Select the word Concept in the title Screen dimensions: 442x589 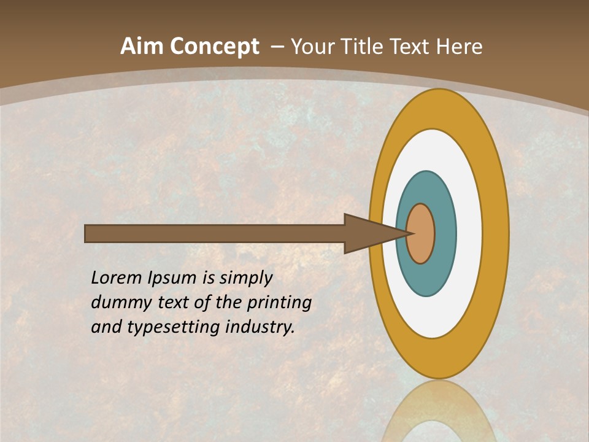point(214,47)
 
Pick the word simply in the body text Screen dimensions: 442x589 point(245,278)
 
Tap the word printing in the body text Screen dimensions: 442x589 point(279,303)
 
